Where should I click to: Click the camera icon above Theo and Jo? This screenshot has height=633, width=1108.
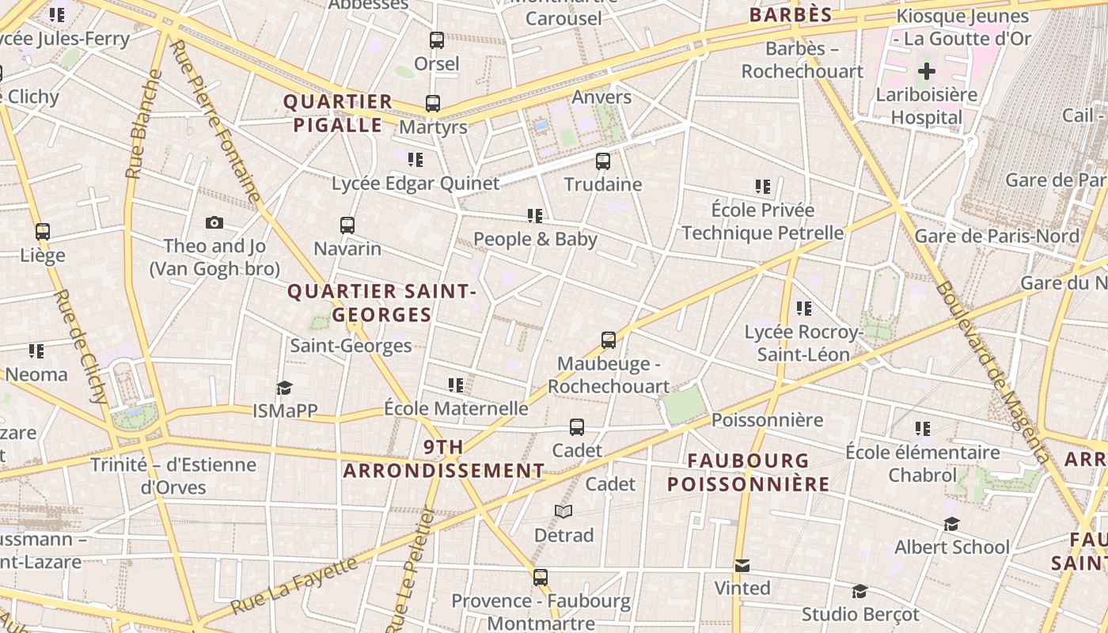[214, 223]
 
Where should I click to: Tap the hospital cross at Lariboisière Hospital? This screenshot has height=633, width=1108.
[926, 72]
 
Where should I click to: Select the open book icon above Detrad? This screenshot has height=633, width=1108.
[563, 512]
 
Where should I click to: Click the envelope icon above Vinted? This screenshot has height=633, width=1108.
[742, 566]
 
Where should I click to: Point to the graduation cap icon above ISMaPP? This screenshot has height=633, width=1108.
[284, 388]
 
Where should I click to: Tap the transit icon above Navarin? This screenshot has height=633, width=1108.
[347, 226]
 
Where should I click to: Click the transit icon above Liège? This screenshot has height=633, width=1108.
[43, 232]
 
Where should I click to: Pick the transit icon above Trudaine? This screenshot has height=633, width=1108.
[603, 161]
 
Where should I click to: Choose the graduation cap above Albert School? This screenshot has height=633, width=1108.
[951, 525]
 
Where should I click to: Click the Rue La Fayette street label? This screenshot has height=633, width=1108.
[294, 586]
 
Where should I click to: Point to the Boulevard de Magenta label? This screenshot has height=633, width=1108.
[992, 372]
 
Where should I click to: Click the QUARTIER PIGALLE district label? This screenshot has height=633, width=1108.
[338, 113]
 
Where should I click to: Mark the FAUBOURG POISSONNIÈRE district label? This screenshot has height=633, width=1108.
[748, 472]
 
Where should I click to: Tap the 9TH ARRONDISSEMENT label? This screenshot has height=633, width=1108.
[443, 459]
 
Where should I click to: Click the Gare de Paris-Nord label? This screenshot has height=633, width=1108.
[996, 236]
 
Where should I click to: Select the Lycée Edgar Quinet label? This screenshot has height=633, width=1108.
[415, 184]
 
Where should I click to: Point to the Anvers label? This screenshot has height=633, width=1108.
[601, 97]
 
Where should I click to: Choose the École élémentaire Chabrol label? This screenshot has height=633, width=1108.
[923, 464]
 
